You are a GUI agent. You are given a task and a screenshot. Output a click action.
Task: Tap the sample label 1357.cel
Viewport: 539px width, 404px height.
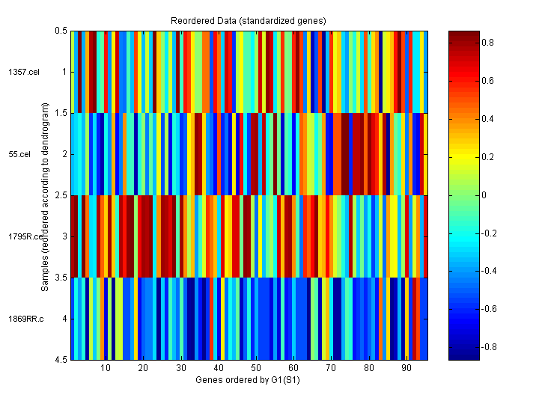point(18,72)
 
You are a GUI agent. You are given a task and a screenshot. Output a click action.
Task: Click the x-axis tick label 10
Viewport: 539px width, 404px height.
point(106,368)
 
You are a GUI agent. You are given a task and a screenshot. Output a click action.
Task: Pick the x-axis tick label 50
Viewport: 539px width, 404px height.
point(256,368)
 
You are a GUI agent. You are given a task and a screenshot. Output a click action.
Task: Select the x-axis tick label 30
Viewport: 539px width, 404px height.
point(181,368)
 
